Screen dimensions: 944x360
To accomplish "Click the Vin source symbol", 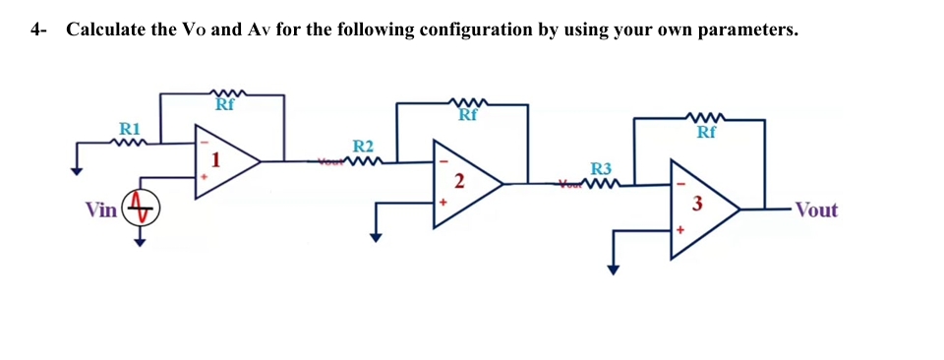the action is tap(141, 210).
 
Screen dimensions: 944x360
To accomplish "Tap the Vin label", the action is tap(99, 210).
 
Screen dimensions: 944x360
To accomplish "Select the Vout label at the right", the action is tap(816, 210).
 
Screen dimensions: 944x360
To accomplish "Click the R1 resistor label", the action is tap(130, 129).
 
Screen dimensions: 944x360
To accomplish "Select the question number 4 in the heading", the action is tap(36, 30).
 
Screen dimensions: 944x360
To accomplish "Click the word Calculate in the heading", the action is tap(106, 30).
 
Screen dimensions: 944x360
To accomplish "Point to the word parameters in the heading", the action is tap(747, 30).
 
